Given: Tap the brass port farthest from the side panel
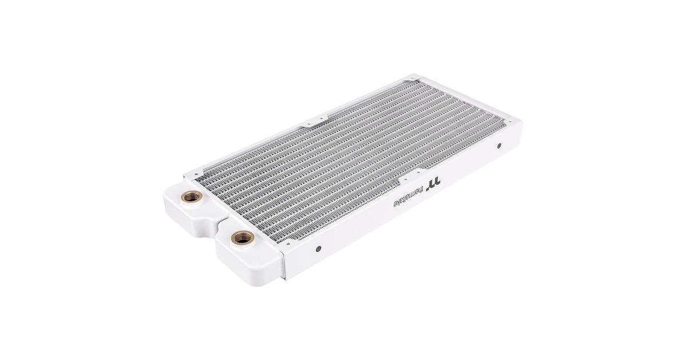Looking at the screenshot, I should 191,195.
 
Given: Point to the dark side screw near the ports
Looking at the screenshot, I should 318,249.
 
